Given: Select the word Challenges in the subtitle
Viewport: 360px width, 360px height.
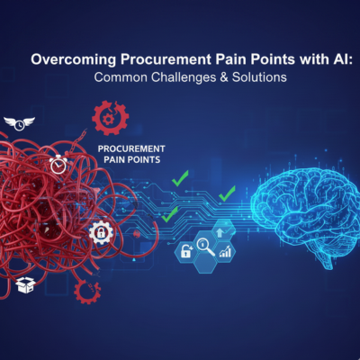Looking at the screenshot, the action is (184, 77).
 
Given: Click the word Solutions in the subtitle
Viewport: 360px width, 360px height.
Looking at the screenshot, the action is (259, 77).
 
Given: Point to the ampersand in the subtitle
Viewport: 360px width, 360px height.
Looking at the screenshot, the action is (224, 77).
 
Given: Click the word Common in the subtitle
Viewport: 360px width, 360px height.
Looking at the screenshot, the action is (121, 77).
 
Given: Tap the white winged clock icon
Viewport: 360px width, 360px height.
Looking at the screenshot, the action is (19, 123).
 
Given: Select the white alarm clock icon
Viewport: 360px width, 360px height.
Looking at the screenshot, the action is (58, 165).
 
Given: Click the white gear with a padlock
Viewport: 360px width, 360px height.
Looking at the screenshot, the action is (101, 232).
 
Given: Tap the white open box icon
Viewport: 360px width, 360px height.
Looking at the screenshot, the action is (26, 284).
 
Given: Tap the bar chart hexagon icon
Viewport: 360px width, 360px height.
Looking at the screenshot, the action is (225, 251).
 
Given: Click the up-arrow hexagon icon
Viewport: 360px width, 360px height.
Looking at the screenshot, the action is (222, 231).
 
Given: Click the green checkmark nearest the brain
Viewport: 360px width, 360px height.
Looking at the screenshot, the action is (227, 193).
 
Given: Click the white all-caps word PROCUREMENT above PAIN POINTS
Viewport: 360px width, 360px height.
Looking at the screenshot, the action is (131, 148).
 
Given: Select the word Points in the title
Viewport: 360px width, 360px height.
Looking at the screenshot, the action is (273, 59).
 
